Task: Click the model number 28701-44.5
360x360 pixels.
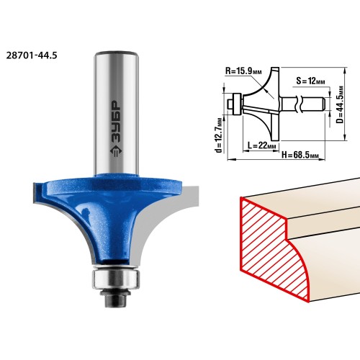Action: (x=32, y=55)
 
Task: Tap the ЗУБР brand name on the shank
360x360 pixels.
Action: (x=116, y=122)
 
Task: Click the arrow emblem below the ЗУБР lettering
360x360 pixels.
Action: (x=116, y=151)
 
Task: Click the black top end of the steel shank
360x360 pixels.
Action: (x=117, y=53)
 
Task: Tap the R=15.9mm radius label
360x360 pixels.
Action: (x=243, y=71)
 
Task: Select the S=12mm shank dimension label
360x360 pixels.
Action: (x=310, y=81)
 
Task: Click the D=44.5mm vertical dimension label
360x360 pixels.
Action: (x=340, y=104)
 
